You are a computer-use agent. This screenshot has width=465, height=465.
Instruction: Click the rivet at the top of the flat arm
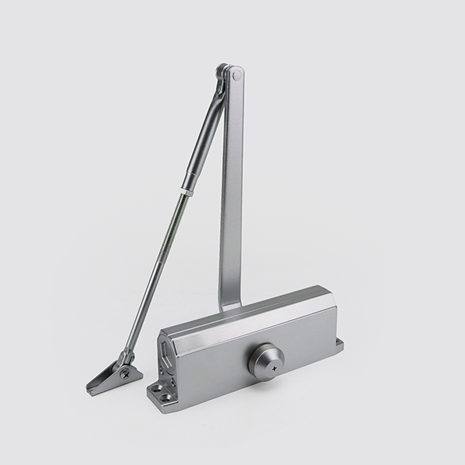236,74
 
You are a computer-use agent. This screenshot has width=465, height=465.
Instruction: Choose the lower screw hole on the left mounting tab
166,398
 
